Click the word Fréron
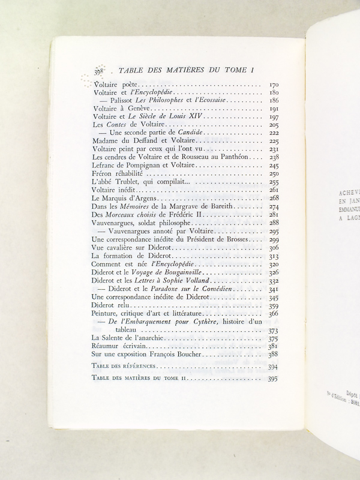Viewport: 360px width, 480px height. pyautogui.click(x=105, y=173)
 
